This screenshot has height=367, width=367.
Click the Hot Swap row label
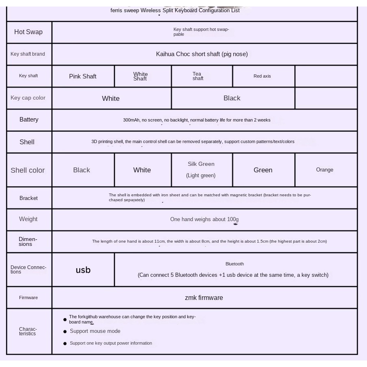28,32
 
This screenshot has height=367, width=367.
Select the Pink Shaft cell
83,76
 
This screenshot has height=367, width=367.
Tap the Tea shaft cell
198,76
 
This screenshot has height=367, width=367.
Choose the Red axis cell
262,76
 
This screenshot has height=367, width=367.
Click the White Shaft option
140,76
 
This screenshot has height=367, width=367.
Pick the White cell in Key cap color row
111,98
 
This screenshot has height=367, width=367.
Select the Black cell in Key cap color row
232,98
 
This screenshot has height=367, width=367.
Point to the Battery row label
29,119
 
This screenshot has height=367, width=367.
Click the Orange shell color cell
325,170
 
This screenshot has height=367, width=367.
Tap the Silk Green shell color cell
201,169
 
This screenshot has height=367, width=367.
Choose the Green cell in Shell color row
263,170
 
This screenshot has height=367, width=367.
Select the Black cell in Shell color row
82,170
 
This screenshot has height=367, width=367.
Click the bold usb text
83,270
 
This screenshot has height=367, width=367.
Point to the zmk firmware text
204,298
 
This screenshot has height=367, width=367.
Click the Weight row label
28,219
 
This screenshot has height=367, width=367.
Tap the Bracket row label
28,198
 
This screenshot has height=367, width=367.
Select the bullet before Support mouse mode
65,332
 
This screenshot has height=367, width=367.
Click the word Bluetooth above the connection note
235,264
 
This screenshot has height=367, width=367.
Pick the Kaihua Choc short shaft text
202,54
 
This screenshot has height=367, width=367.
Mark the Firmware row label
28,298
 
